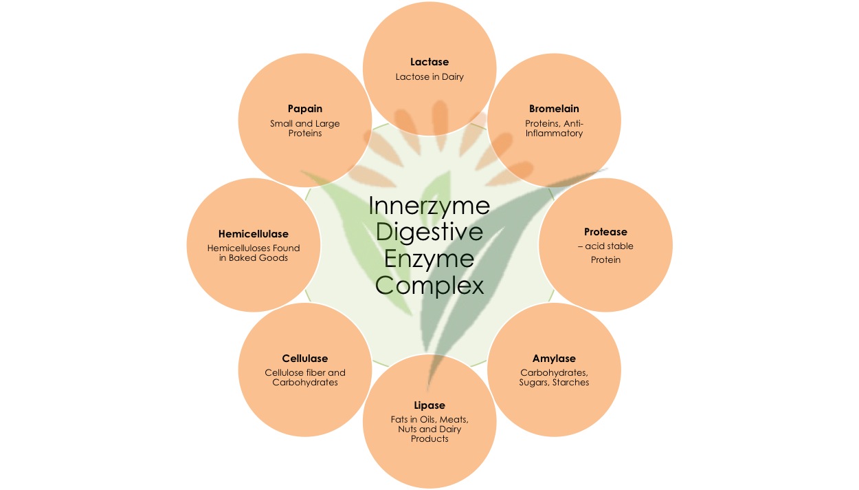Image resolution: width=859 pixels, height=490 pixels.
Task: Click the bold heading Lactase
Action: pyautogui.click(x=429, y=63)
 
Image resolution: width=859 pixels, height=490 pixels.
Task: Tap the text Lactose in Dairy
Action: pyautogui.click(x=429, y=77)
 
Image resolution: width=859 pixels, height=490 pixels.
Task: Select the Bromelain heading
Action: pyautogui.click(x=554, y=109)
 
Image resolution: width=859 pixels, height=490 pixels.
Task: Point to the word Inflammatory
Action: pyautogui.click(x=554, y=133)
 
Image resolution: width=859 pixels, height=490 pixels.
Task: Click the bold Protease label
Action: pyautogui.click(x=605, y=232)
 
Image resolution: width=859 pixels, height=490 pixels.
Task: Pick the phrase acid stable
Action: pyautogui.click(x=608, y=246)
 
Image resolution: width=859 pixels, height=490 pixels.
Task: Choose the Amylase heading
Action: pyautogui.click(x=554, y=359)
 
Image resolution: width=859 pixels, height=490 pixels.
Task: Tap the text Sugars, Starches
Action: pyautogui.click(x=554, y=382)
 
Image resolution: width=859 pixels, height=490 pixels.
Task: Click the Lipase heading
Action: pyautogui.click(x=429, y=405)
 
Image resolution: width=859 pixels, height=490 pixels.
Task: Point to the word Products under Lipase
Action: pyautogui.click(x=429, y=438)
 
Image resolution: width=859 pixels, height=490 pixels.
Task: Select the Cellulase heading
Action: pyautogui.click(x=305, y=359)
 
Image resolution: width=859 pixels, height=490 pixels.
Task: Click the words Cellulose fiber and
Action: pyautogui.click(x=305, y=373)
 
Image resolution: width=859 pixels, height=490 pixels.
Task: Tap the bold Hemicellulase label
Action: pyautogui.click(x=254, y=235)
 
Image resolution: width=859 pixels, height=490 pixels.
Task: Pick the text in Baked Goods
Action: pyautogui.click(x=254, y=258)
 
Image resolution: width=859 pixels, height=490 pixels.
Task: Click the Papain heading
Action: pyautogui.click(x=305, y=109)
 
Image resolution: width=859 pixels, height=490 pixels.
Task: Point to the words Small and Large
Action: pyautogui.click(x=305, y=124)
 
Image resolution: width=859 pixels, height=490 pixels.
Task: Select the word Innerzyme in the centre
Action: pyautogui.click(x=429, y=206)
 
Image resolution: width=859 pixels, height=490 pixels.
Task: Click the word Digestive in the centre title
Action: pyautogui.click(x=429, y=233)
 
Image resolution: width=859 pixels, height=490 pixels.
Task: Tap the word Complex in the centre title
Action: pyautogui.click(x=429, y=285)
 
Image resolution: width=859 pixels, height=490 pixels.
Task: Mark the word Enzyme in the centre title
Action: pyautogui.click(x=429, y=259)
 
